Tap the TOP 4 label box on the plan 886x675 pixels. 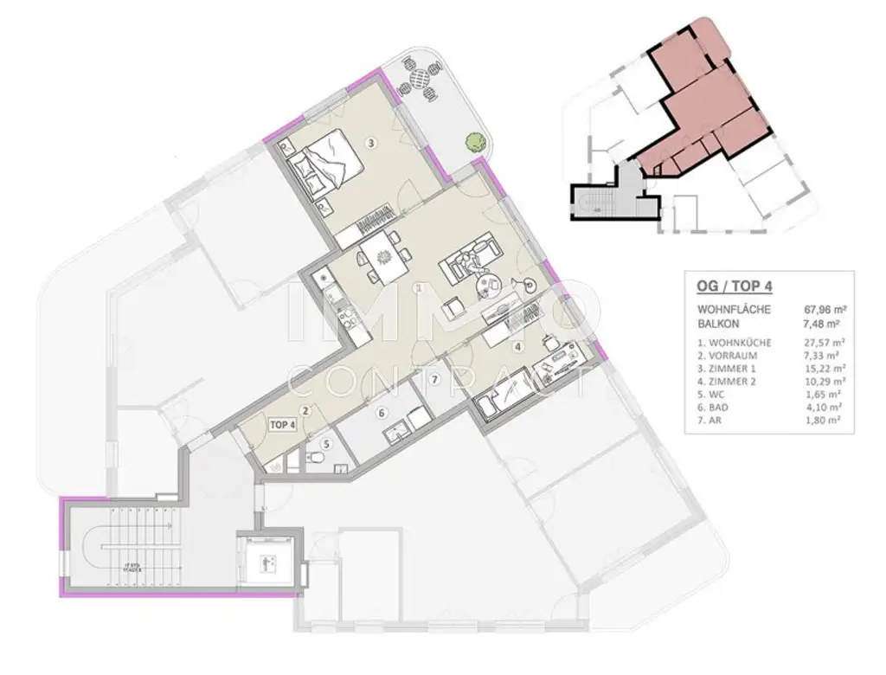[x=283, y=424]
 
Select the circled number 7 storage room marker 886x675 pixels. [x=434, y=379]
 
